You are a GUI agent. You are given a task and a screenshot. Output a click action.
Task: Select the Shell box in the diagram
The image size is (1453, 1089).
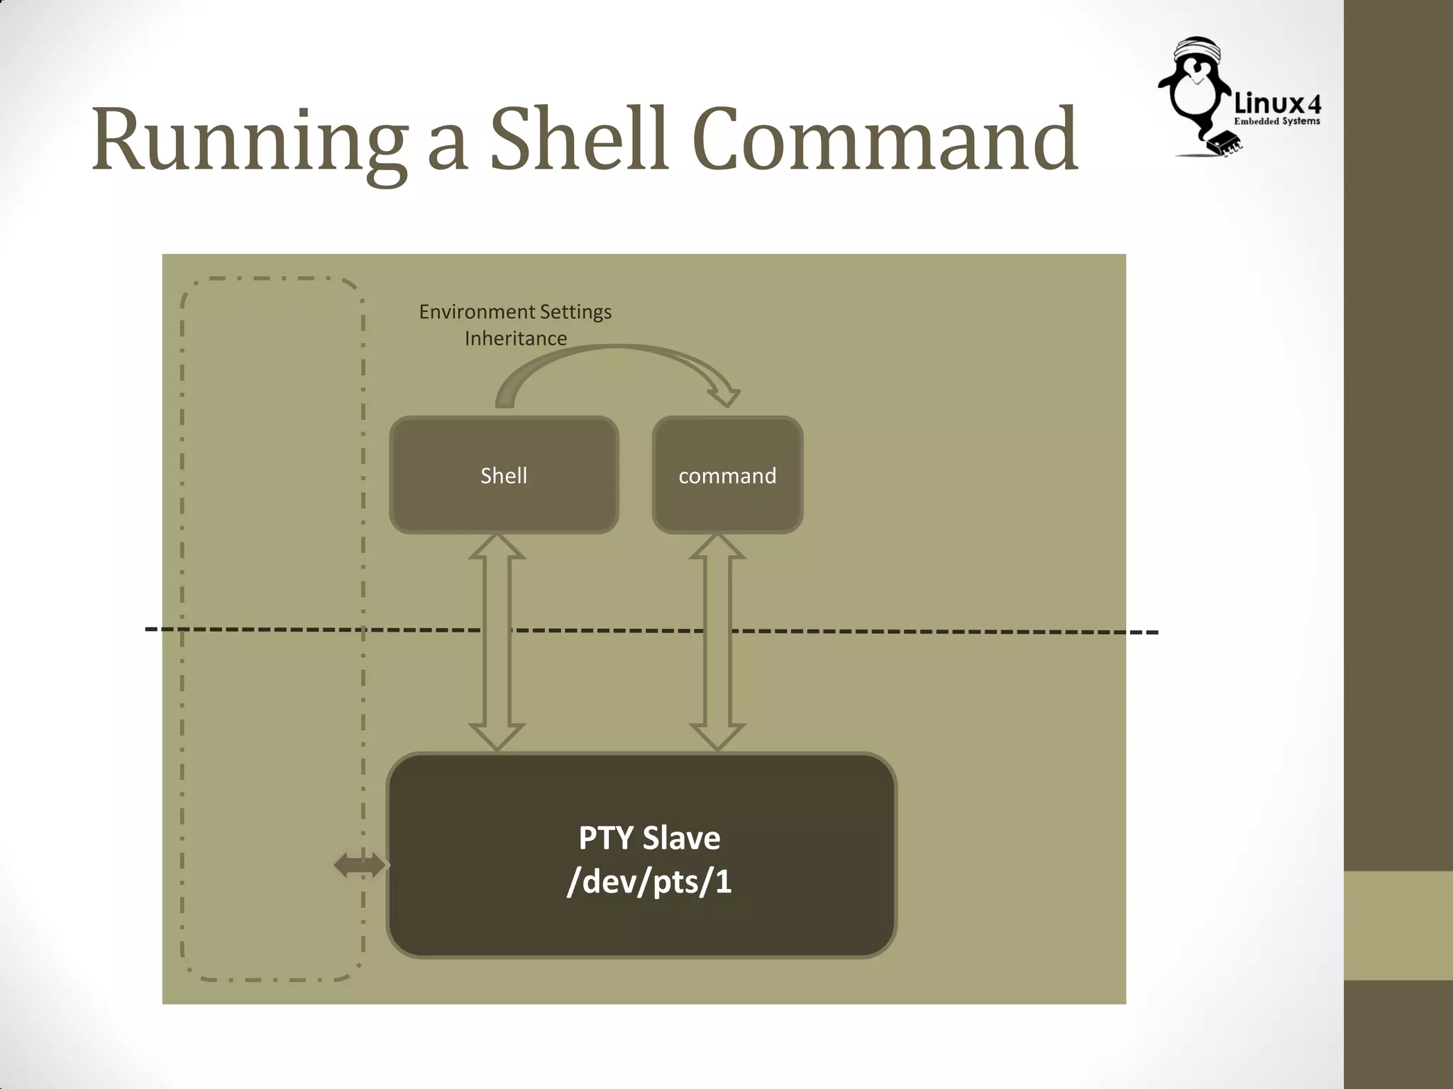[x=504, y=475]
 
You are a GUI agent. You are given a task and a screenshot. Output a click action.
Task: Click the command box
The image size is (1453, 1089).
[x=727, y=475]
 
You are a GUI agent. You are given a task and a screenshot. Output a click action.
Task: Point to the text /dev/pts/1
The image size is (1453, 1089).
[x=649, y=882]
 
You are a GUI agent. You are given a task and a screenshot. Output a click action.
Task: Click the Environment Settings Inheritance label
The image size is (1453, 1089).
[x=516, y=325]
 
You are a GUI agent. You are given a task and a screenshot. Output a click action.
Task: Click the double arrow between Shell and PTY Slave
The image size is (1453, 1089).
[x=497, y=642]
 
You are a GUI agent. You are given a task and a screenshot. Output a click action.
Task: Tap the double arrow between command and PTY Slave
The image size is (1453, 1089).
[x=717, y=642]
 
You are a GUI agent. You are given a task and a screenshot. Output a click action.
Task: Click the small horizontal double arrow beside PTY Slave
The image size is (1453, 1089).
[x=360, y=865]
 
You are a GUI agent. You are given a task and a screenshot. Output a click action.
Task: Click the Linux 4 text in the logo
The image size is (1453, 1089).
[x=1277, y=104]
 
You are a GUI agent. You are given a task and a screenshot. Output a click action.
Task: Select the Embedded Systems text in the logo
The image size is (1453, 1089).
[x=1277, y=121]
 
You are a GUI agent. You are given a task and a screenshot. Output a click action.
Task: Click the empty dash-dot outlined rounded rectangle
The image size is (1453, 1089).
[x=273, y=496]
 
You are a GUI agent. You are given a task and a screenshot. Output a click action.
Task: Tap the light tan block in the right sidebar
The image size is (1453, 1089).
[x=1398, y=925]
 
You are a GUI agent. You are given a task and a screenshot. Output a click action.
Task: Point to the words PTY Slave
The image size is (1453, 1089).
[x=649, y=838]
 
